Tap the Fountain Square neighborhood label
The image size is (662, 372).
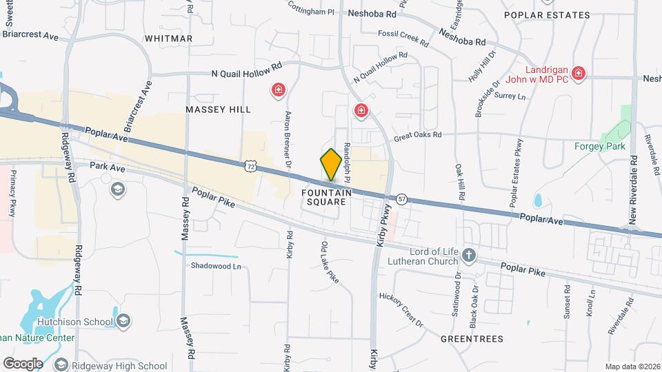(327, 198)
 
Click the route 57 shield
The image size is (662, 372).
(402, 199)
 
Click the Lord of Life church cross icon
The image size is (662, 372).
(469, 256)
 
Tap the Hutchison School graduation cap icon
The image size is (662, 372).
(123, 321)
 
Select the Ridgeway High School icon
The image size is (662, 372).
(61, 365)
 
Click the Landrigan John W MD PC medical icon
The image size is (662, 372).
(579, 73)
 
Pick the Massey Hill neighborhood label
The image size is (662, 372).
(218, 110)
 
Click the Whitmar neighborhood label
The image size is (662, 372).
(168, 39)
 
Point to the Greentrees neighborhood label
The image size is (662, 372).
(473, 339)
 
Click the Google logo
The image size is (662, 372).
(23, 363)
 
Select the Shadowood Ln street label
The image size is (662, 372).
(217, 266)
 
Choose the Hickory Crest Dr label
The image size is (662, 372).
(401, 308)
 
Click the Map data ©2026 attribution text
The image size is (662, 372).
(632, 366)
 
